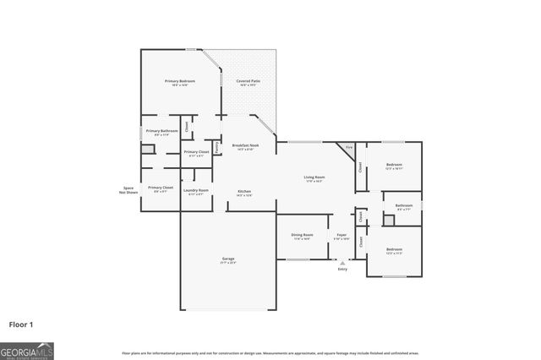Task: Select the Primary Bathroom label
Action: tap(161, 132)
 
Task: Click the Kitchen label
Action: tap(243, 193)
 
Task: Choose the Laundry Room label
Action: tap(196, 192)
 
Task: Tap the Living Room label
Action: tap(314, 178)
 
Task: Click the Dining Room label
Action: tap(302, 236)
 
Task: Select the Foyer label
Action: tap(342, 236)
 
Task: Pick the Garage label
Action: tap(228, 259)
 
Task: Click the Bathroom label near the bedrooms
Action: tap(404, 205)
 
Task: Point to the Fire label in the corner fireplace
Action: tap(349, 149)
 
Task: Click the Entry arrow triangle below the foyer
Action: tap(342, 263)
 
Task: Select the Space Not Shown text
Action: tap(128, 190)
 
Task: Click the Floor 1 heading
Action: tap(21, 324)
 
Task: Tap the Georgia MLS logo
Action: tap(27, 350)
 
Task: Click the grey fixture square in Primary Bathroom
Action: tap(148, 150)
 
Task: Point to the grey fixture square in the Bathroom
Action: tap(389, 221)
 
